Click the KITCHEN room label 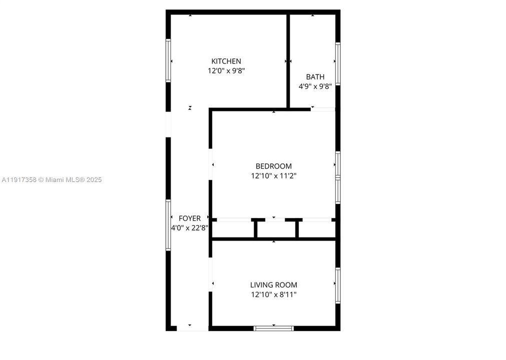[226, 61]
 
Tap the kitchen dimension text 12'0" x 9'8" [226, 71]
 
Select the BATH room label [315, 77]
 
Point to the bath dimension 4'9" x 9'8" [315, 86]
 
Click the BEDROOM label [274, 166]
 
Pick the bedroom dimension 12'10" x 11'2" [274, 176]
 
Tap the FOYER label [190, 218]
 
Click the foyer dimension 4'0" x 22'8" [190, 228]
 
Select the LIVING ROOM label [274, 285]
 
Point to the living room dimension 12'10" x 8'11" [274, 294]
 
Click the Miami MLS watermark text [52, 180]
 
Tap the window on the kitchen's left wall [168, 60]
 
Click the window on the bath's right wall [338, 64]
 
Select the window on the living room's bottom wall [274, 328]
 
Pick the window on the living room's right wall [338, 285]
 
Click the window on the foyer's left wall [168, 225]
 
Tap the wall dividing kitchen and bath [288, 60]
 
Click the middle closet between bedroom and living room [276, 230]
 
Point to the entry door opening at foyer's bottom [193, 328]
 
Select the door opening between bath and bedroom [323, 109]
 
